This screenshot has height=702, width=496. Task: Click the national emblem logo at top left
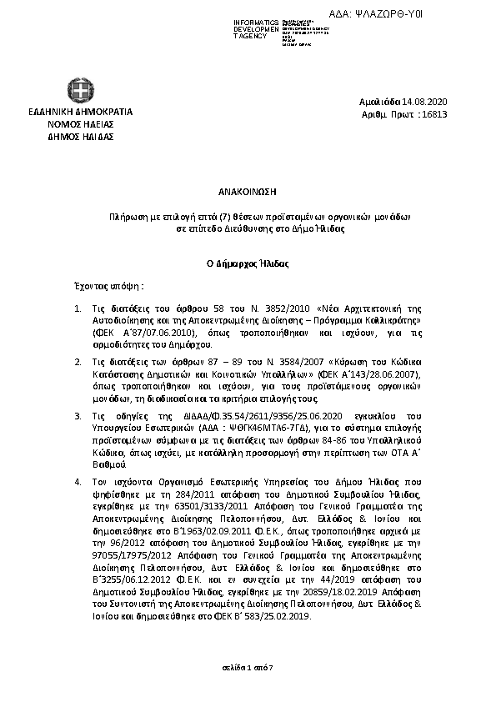(80, 91)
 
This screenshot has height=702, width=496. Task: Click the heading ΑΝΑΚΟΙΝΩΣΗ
(247, 191)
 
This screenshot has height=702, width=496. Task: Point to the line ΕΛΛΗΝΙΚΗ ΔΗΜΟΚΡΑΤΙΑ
(80, 112)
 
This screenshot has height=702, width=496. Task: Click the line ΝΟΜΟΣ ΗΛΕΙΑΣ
(80, 123)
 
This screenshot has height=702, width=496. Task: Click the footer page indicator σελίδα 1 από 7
(247, 669)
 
